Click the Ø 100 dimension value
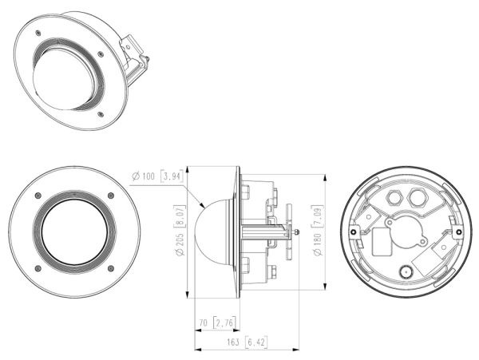coord(143,176)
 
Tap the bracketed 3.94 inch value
coord(172,176)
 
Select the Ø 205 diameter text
coord(180,244)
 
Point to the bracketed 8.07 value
coord(180,216)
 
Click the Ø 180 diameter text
coord(317,244)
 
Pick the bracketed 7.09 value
coord(317,216)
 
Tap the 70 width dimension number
coord(204,322)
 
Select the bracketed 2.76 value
coord(225,322)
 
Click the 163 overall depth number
coord(233,342)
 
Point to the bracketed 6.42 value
coord(256,342)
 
